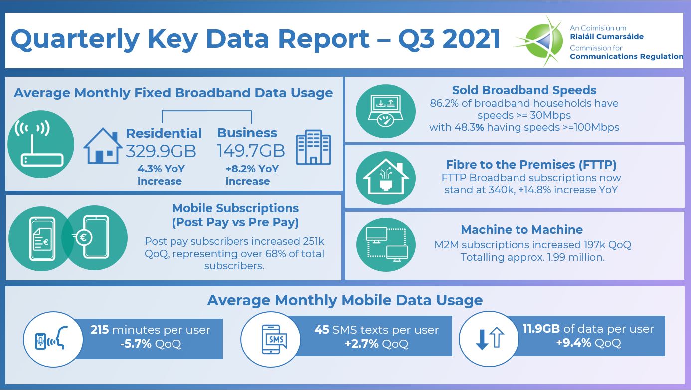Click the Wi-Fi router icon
[42, 145]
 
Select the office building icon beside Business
[313, 148]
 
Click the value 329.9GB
[161, 151]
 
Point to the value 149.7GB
[251, 151]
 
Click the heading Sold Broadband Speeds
[524, 90]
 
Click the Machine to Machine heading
[521, 230]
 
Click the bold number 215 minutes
[100, 330]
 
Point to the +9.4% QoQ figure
[588, 343]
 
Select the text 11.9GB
[541, 329]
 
